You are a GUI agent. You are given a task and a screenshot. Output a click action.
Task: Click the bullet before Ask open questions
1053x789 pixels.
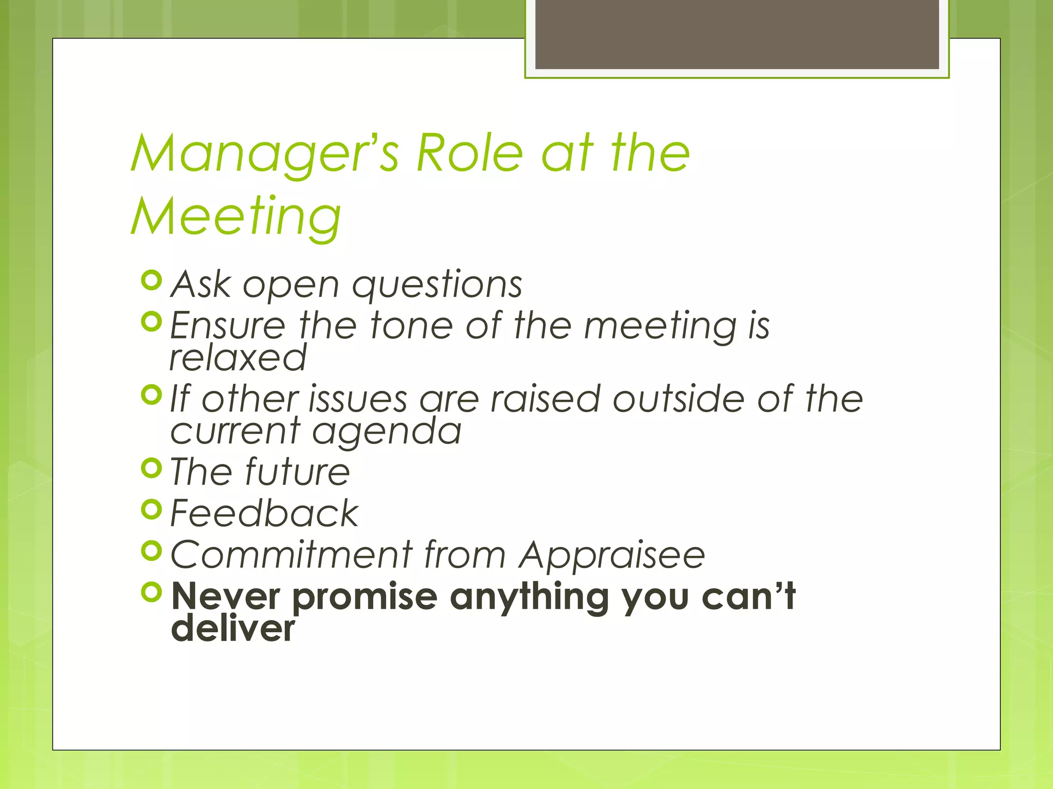point(152,280)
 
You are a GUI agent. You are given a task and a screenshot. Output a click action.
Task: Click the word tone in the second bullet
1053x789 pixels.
point(411,326)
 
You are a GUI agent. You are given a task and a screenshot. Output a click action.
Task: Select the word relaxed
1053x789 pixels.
point(238,358)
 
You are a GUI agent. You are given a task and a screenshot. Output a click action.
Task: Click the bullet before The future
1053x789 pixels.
point(152,468)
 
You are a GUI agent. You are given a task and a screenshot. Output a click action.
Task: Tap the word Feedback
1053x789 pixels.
point(264,513)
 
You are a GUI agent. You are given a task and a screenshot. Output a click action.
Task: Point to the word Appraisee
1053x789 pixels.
point(612,556)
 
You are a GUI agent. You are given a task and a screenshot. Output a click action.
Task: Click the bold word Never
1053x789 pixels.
point(226,596)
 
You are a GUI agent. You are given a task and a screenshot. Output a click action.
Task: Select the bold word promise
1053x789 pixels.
point(365,597)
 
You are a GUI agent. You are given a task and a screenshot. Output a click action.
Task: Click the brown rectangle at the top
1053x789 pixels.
point(737,34)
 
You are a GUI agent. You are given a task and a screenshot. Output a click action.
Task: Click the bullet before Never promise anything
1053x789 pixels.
point(152,592)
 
